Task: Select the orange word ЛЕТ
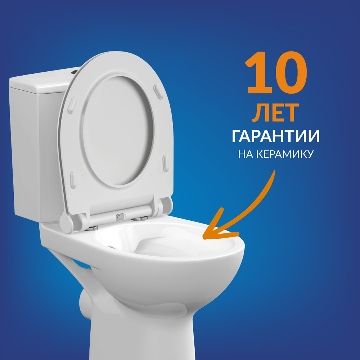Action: (276, 113)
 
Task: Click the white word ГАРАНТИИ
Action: (276, 136)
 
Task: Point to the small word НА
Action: (246, 154)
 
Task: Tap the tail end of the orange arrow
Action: (274, 171)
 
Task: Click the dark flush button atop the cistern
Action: (75, 72)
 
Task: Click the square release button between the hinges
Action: (120, 216)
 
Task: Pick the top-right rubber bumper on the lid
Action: (158, 91)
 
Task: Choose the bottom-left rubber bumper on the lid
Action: (73, 179)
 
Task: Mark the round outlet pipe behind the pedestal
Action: (85, 303)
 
